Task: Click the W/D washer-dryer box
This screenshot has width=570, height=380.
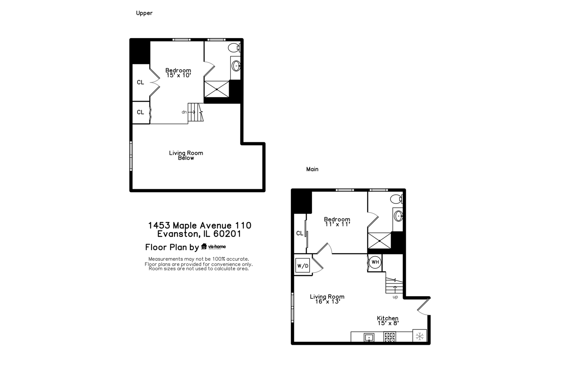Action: click(x=303, y=265)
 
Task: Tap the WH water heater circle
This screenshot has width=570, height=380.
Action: click(x=375, y=262)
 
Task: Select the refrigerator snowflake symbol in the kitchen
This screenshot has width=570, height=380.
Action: click(x=419, y=336)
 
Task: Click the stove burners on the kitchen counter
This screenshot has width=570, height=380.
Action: click(x=389, y=337)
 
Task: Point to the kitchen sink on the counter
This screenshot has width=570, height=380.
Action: click(x=369, y=338)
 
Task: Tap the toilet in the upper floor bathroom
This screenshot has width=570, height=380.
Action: click(x=234, y=47)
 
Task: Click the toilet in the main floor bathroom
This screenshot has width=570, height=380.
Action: click(x=396, y=199)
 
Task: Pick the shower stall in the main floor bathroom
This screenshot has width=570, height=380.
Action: click(x=379, y=241)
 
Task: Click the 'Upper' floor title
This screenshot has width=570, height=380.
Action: click(x=144, y=13)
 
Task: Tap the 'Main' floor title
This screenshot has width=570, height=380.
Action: click(x=312, y=169)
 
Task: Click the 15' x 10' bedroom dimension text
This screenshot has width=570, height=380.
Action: click(x=178, y=75)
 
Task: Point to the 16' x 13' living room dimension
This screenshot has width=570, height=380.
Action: click(x=327, y=302)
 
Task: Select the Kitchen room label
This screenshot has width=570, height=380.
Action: click(x=388, y=318)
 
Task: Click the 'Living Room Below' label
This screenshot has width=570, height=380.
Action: click(x=186, y=155)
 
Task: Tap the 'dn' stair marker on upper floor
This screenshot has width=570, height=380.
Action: click(x=184, y=112)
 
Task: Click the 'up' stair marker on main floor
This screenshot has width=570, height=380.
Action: click(x=395, y=297)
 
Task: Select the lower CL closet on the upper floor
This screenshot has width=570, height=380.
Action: click(x=140, y=112)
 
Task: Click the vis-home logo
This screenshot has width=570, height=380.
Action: click(x=214, y=247)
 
